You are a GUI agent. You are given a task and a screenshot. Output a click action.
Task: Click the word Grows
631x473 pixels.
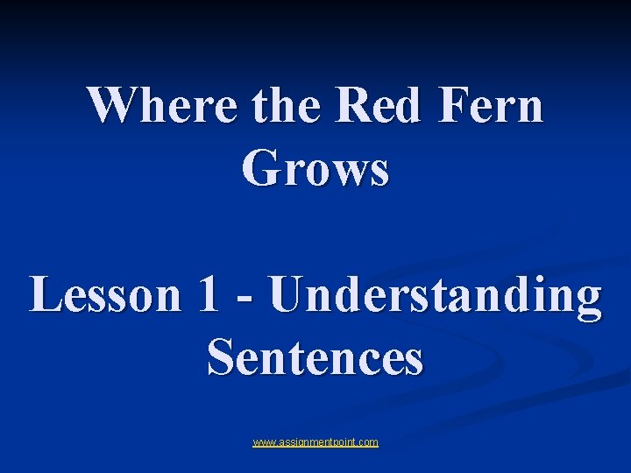pyautogui.click(x=315, y=168)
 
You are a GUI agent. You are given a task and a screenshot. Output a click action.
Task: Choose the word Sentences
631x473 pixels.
pyautogui.click(x=315, y=357)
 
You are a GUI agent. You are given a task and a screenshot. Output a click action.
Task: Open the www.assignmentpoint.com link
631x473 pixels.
pyautogui.click(x=315, y=442)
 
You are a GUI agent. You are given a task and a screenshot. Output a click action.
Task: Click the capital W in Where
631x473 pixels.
pyautogui.click(x=110, y=106)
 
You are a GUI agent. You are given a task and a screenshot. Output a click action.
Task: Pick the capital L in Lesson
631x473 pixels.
pyautogui.click(x=46, y=294)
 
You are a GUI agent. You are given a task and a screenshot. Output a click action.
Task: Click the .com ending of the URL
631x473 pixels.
pyautogui.click(x=368, y=442)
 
